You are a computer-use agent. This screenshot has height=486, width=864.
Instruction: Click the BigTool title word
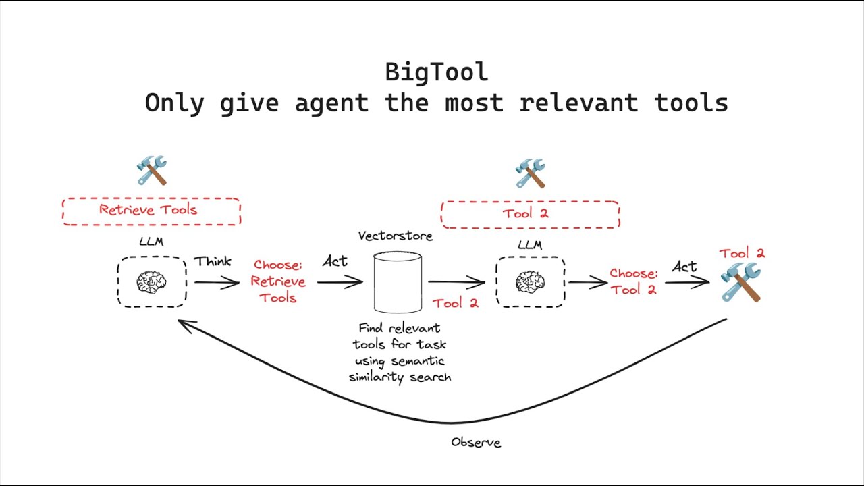[436, 72]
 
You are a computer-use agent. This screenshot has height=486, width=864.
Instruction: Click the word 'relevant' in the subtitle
[578, 103]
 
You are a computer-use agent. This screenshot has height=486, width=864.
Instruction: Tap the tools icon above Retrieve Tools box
[151, 170]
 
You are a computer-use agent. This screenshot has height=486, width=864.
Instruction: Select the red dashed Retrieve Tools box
[151, 211]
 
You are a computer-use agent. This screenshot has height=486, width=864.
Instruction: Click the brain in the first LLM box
[151, 282]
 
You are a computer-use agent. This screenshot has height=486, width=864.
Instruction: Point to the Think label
[213, 261]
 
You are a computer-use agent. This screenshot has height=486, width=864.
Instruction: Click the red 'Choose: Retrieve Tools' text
[278, 281]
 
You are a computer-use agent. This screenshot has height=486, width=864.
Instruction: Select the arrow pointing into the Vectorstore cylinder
[340, 282]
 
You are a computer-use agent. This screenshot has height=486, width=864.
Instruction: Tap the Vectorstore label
[395, 236]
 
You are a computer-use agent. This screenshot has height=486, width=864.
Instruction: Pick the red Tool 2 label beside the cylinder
[455, 303]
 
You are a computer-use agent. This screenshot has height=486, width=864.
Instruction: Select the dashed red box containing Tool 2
[530, 214]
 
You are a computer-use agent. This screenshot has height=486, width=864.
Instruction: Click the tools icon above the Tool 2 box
[530, 173]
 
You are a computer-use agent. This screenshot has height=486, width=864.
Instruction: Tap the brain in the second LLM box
[530, 282]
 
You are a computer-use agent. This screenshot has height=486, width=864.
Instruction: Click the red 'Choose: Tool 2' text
[633, 281]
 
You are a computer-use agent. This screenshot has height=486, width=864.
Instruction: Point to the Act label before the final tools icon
[684, 267]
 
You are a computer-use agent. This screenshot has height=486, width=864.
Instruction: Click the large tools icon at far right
[740, 282]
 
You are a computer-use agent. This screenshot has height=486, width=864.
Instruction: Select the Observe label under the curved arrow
[476, 443]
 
